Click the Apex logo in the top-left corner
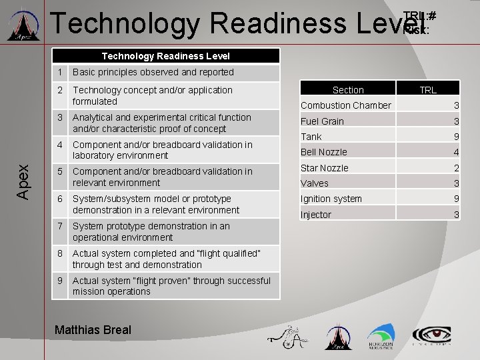tap(23, 25)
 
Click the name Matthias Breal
tap(93, 329)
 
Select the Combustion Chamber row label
tap(346, 105)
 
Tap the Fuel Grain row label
tap(322, 121)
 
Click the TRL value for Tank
tap(456, 137)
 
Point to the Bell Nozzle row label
tap(324, 152)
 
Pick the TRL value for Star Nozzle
tap(456, 168)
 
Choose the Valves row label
tap(315, 183)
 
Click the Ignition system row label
tap(331, 199)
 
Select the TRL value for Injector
tap(456, 215)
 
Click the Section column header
tap(348, 90)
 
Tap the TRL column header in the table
tap(428, 90)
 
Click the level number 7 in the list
tap(59, 226)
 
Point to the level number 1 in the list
tap(59, 72)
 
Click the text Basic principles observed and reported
tap(153, 72)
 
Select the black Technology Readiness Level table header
tap(165, 56)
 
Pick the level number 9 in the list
tap(59, 281)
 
